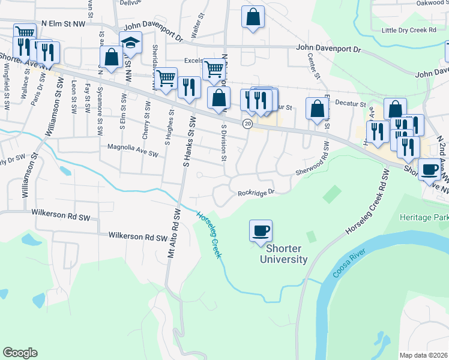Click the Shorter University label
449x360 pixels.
(283, 254)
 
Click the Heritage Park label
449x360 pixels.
(424, 217)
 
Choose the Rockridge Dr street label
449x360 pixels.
(256, 193)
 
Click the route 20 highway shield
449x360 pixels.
(247, 124)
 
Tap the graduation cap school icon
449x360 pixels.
(130, 43)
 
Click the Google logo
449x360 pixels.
(20, 352)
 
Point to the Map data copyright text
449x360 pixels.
(424, 355)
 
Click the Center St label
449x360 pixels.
(312, 68)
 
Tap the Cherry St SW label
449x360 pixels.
(146, 110)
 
